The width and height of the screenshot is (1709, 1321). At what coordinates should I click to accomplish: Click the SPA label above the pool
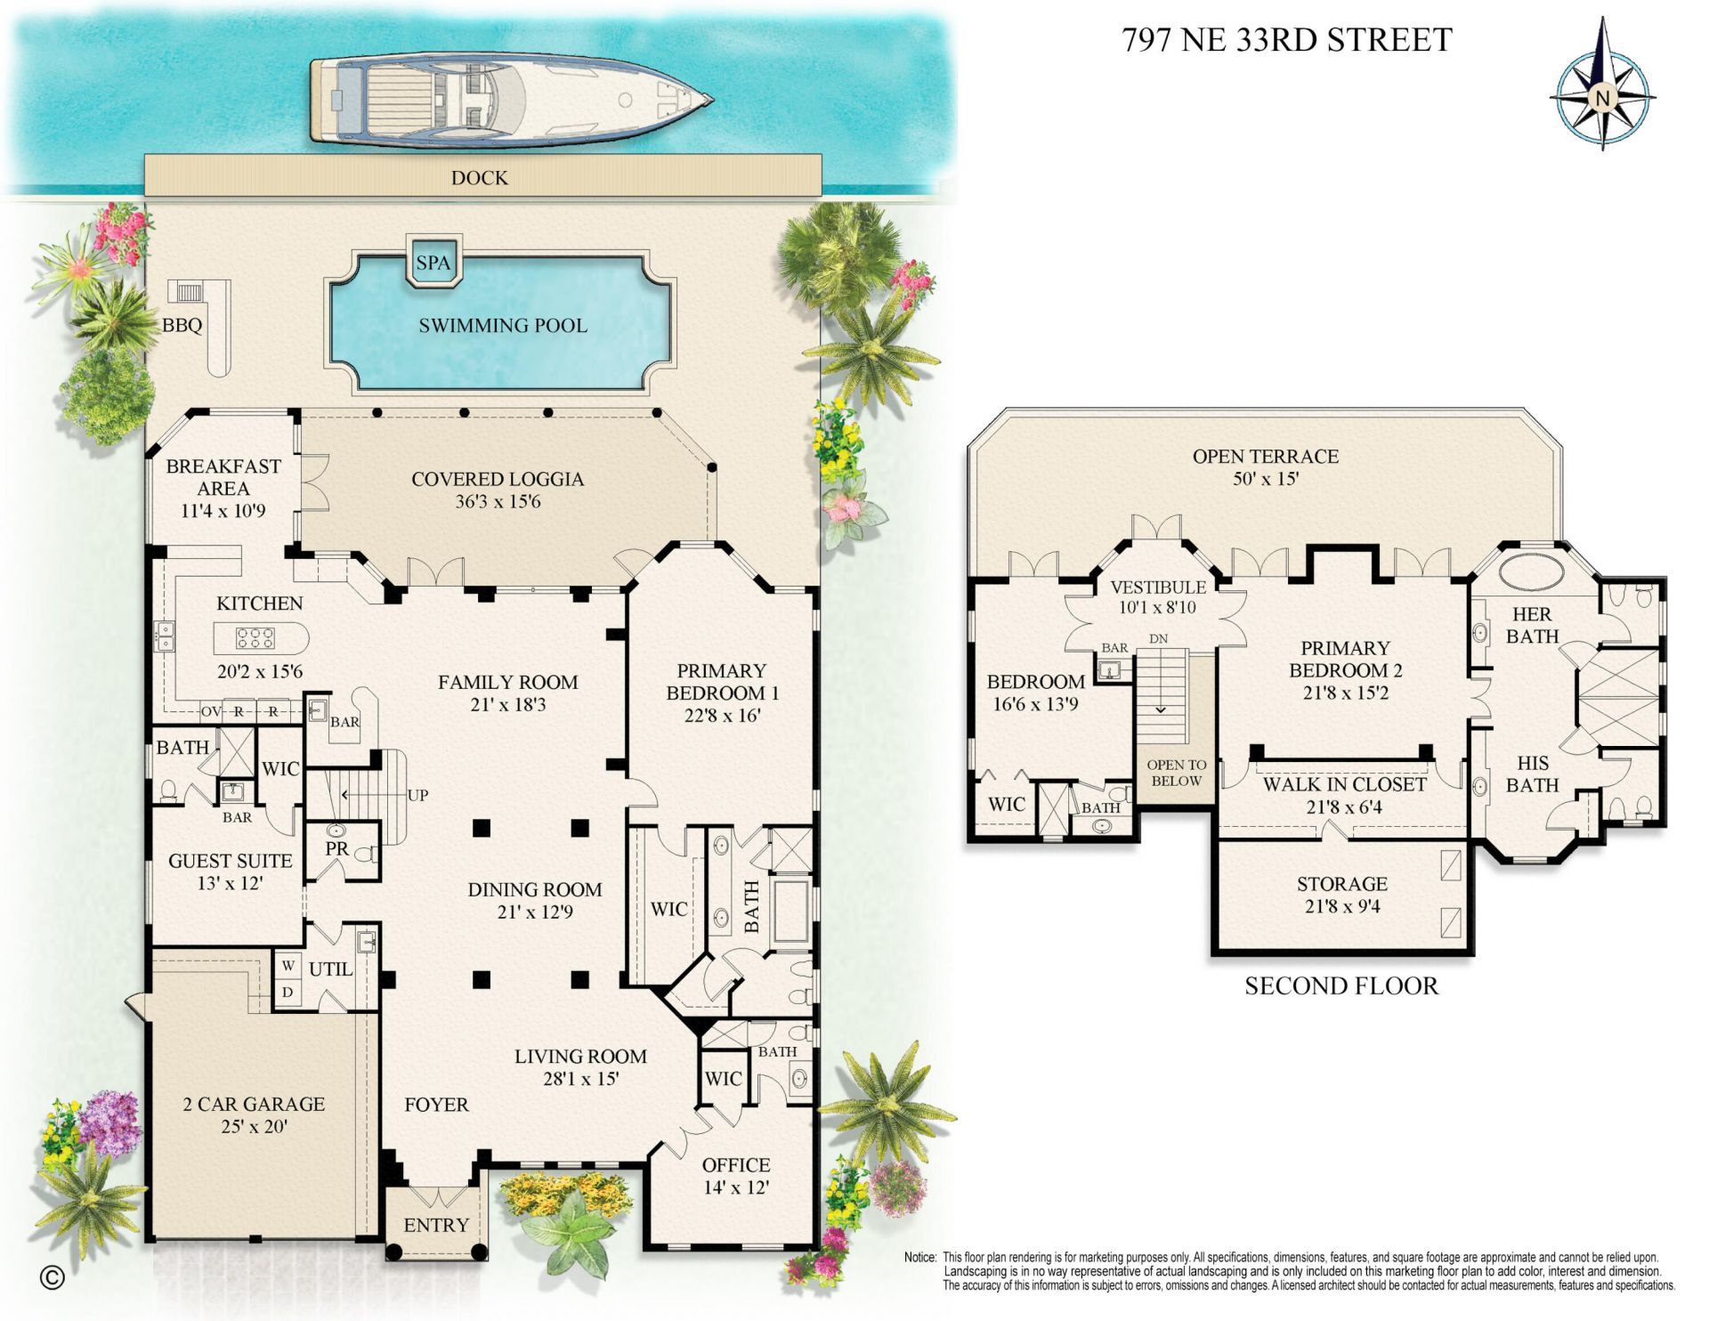[433, 263]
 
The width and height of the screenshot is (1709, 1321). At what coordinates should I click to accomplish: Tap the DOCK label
[479, 178]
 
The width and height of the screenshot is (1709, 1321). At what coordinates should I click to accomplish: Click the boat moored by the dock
[510, 100]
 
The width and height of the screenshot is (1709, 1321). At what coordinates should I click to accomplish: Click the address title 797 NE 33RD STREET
[1286, 40]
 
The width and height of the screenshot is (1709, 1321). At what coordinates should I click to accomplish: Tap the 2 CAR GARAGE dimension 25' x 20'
[254, 1126]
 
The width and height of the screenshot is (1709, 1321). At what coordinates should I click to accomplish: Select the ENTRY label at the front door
[436, 1225]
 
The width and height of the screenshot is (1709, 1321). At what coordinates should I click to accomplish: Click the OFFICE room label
[735, 1164]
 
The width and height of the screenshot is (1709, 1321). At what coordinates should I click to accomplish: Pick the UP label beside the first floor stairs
[417, 795]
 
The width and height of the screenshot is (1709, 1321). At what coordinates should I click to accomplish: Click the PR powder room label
[336, 849]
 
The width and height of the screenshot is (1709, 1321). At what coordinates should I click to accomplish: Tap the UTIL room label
[330, 968]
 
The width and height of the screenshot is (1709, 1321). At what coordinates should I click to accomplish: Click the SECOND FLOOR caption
[1340, 985]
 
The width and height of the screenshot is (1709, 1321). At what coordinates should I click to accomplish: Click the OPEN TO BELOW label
[1176, 773]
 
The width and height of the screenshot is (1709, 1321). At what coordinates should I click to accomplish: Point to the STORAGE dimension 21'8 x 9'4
[1341, 906]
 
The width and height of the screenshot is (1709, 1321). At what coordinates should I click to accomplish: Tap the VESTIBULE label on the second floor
[1158, 587]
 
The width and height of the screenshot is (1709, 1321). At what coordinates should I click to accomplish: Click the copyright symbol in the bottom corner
[53, 1277]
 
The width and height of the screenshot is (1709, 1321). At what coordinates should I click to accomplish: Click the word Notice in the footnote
[919, 1258]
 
